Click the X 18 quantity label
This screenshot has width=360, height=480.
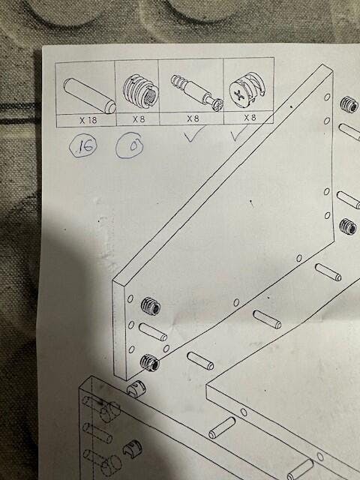[x=88, y=120]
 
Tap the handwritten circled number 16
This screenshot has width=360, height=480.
[x=83, y=146]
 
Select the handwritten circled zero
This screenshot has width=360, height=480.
[x=130, y=145]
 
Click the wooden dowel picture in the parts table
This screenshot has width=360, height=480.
[x=89, y=95]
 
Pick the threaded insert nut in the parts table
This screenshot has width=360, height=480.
[x=141, y=91]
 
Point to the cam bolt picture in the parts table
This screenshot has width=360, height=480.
[x=197, y=92]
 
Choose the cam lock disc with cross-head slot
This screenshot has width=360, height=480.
[x=247, y=89]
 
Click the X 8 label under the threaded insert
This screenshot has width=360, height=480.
[x=139, y=119]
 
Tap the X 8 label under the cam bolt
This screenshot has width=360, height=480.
[x=193, y=118]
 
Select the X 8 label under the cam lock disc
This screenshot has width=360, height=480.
[x=250, y=117]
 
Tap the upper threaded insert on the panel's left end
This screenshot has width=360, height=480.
[x=151, y=306]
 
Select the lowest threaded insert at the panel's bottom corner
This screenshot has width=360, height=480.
[x=149, y=362]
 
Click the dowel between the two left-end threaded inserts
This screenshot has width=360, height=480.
[x=153, y=332]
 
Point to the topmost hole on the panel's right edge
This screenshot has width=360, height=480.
[x=327, y=97]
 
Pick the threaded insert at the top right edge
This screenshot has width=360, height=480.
[x=349, y=104]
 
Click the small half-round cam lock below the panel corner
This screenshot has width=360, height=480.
[x=136, y=389]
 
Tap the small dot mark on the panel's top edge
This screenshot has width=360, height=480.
[x=291, y=106]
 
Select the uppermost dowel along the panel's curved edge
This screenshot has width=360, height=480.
[x=328, y=272]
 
